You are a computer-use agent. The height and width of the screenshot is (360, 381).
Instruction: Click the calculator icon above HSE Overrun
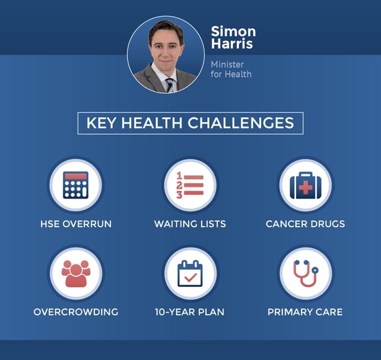[x=76, y=185]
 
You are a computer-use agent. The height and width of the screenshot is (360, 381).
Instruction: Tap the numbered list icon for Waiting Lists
[x=190, y=185]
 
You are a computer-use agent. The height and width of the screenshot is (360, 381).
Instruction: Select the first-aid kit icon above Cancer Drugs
[x=305, y=185]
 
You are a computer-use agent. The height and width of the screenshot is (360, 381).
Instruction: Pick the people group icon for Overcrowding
[x=76, y=274]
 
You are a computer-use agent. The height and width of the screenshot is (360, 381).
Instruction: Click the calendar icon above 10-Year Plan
[x=190, y=274]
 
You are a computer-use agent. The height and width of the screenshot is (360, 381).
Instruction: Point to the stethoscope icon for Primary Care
[x=306, y=274]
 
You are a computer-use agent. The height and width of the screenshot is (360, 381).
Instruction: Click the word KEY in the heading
[x=101, y=123]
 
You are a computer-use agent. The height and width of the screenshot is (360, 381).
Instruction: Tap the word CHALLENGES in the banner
[x=241, y=123]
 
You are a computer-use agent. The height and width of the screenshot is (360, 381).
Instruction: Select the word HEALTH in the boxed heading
[x=151, y=123]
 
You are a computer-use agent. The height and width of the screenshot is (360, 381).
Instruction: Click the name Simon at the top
[x=233, y=32]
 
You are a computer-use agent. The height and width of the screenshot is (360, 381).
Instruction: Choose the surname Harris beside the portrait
[x=232, y=43]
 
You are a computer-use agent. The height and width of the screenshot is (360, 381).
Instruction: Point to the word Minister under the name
[x=227, y=65]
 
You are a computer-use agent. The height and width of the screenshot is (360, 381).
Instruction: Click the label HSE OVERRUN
[x=76, y=224]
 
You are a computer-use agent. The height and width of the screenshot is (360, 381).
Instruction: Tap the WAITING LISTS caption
[x=190, y=224]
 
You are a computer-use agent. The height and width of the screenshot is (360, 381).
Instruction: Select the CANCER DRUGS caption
[x=305, y=224]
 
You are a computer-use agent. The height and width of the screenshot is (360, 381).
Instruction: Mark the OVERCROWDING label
[x=76, y=312]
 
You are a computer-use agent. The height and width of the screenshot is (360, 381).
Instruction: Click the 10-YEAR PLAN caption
[x=190, y=312]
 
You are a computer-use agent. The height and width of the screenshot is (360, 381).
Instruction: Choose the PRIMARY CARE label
[x=305, y=312]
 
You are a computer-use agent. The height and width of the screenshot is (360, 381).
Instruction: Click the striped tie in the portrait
[x=170, y=85]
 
